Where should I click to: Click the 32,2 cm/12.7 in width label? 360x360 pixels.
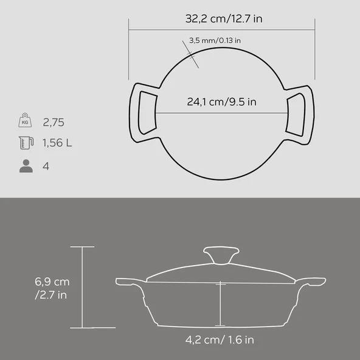point(223,19)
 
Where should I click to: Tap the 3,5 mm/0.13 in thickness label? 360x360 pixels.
point(215,41)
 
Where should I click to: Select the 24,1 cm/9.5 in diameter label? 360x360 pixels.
point(221,102)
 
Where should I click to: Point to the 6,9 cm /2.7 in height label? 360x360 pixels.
point(52,288)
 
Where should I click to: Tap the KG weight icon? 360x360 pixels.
point(25,121)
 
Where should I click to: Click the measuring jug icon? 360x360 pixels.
point(25,144)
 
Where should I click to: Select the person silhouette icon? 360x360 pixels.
point(25,166)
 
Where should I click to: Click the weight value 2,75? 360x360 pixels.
point(54,122)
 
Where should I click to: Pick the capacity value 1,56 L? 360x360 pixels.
point(57,144)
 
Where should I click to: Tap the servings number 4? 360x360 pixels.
point(46,166)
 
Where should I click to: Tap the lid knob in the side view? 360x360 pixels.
point(221,254)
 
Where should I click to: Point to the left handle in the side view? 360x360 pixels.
point(128,282)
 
